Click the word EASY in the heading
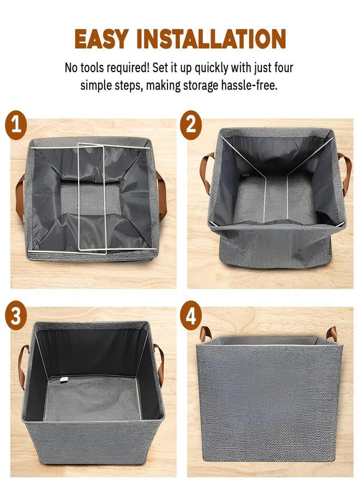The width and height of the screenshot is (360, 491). (102, 39)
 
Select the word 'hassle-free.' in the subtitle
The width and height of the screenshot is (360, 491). (249, 85)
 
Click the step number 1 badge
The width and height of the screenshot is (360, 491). (16, 125)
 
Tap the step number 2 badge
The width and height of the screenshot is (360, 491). (191, 125)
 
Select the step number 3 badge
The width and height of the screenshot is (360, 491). (16, 315)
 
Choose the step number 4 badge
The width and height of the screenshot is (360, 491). (191, 315)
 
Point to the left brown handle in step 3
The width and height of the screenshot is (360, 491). (21, 367)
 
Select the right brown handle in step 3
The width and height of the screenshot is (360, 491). (161, 365)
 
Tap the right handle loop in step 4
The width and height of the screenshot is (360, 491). (332, 334)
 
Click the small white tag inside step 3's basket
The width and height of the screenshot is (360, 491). (64, 380)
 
